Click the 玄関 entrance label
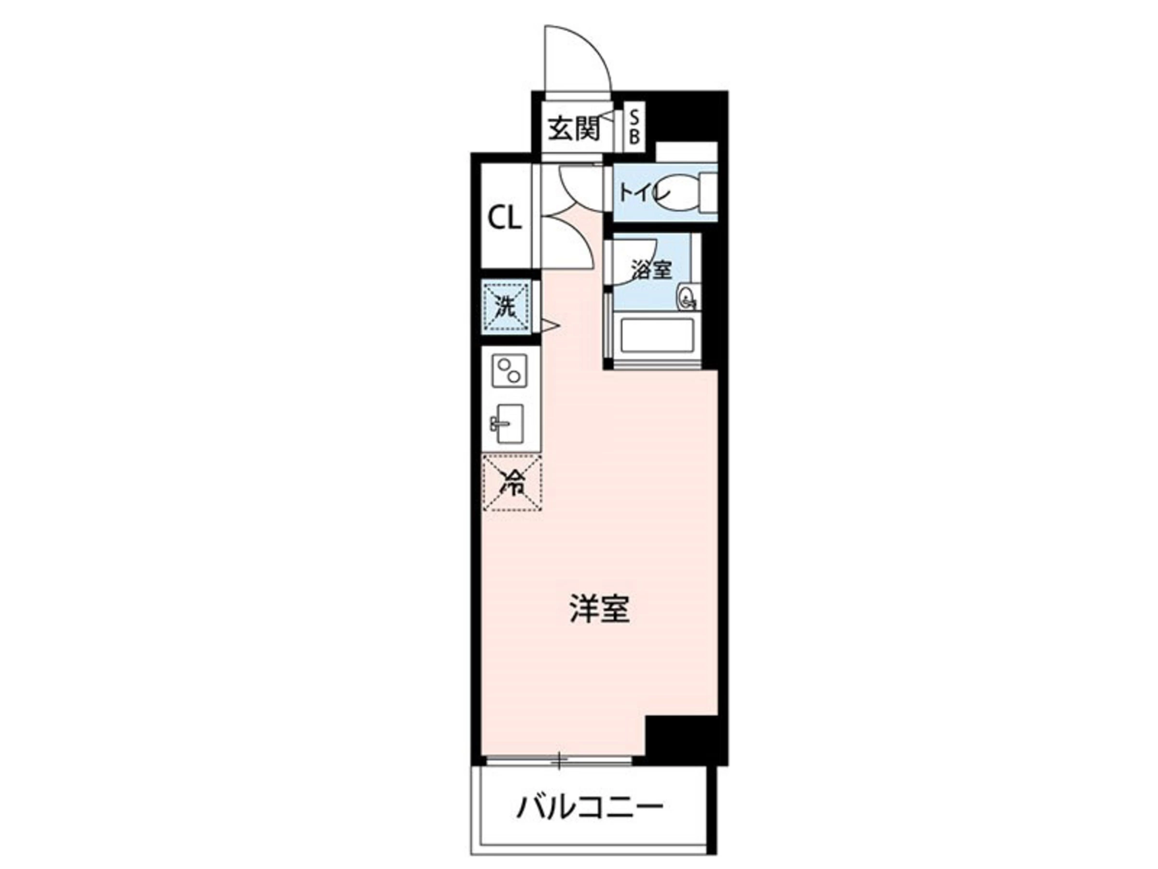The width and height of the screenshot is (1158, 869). click(x=574, y=128)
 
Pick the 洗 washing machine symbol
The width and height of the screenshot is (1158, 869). click(x=506, y=307)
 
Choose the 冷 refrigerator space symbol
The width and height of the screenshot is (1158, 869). click(x=512, y=482)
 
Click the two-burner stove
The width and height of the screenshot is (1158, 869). click(x=509, y=370)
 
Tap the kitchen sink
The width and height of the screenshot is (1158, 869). click(x=508, y=423)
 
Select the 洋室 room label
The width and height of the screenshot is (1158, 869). click(x=600, y=609)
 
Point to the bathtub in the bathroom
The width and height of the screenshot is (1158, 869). click(x=657, y=337)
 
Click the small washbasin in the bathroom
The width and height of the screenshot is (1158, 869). click(x=687, y=297)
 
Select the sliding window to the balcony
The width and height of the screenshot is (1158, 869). click(x=559, y=759)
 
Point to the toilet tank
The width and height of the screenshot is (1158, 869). click(x=708, y=193)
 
